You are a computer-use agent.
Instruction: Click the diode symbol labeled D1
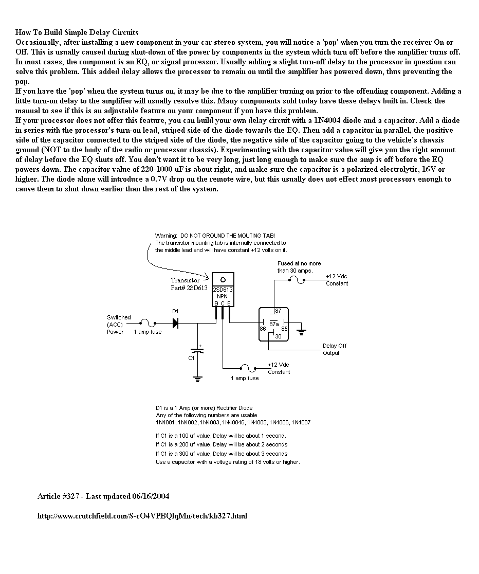point(175,323)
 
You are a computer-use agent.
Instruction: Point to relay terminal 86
point(262,328)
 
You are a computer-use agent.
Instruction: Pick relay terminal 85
point(284,328)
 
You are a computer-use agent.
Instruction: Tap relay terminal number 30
point(278,336)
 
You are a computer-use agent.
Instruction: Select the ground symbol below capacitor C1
point(198,380)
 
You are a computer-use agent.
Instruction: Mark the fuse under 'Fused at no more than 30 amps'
point(297,280)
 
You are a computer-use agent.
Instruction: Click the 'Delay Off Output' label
point(335,349)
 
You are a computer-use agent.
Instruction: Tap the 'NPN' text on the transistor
point(223,297)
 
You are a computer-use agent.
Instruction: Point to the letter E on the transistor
point(229,303)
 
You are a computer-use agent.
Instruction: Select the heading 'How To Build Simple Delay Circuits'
point(77,32)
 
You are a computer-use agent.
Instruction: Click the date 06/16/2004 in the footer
point(151,496)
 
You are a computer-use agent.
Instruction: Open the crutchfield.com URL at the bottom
point(142,515)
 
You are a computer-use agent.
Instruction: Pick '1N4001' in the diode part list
point(165,423)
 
